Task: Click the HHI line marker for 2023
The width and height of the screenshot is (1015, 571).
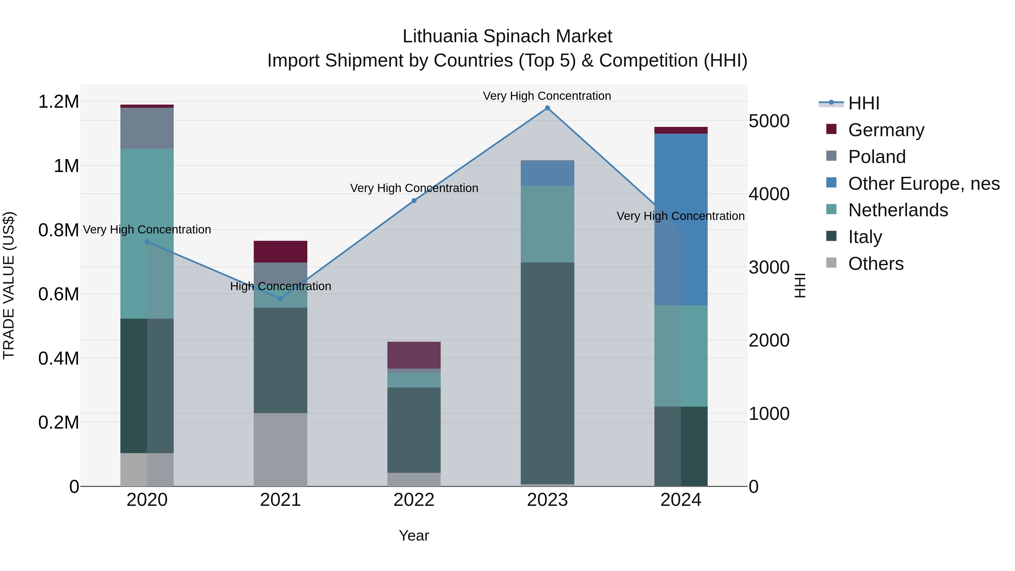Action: (547, 108)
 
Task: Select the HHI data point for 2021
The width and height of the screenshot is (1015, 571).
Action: (281, 299)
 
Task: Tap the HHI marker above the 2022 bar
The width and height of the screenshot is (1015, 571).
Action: (414, 201)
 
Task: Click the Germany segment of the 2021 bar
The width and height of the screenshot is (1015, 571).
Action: (281, 252)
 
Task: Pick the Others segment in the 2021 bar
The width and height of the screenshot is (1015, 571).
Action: (281, 449)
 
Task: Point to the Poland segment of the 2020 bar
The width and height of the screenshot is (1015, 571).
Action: (147, 128)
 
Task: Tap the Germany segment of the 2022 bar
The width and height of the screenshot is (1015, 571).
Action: (414, 355)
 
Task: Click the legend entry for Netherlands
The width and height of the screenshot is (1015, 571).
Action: (898, 210)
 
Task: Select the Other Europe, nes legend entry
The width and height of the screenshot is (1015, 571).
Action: (924, 184)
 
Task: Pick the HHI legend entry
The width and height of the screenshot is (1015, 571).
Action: (863, 103)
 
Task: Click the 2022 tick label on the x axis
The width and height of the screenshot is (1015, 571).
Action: (414, 500)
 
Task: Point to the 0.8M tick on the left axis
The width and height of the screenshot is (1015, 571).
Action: (58, 230)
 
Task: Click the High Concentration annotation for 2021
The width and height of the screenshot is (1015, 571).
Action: (281, 286)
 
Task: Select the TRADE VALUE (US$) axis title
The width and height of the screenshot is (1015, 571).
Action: (9, 285)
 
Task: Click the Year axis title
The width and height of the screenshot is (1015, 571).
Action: (414, 535)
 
